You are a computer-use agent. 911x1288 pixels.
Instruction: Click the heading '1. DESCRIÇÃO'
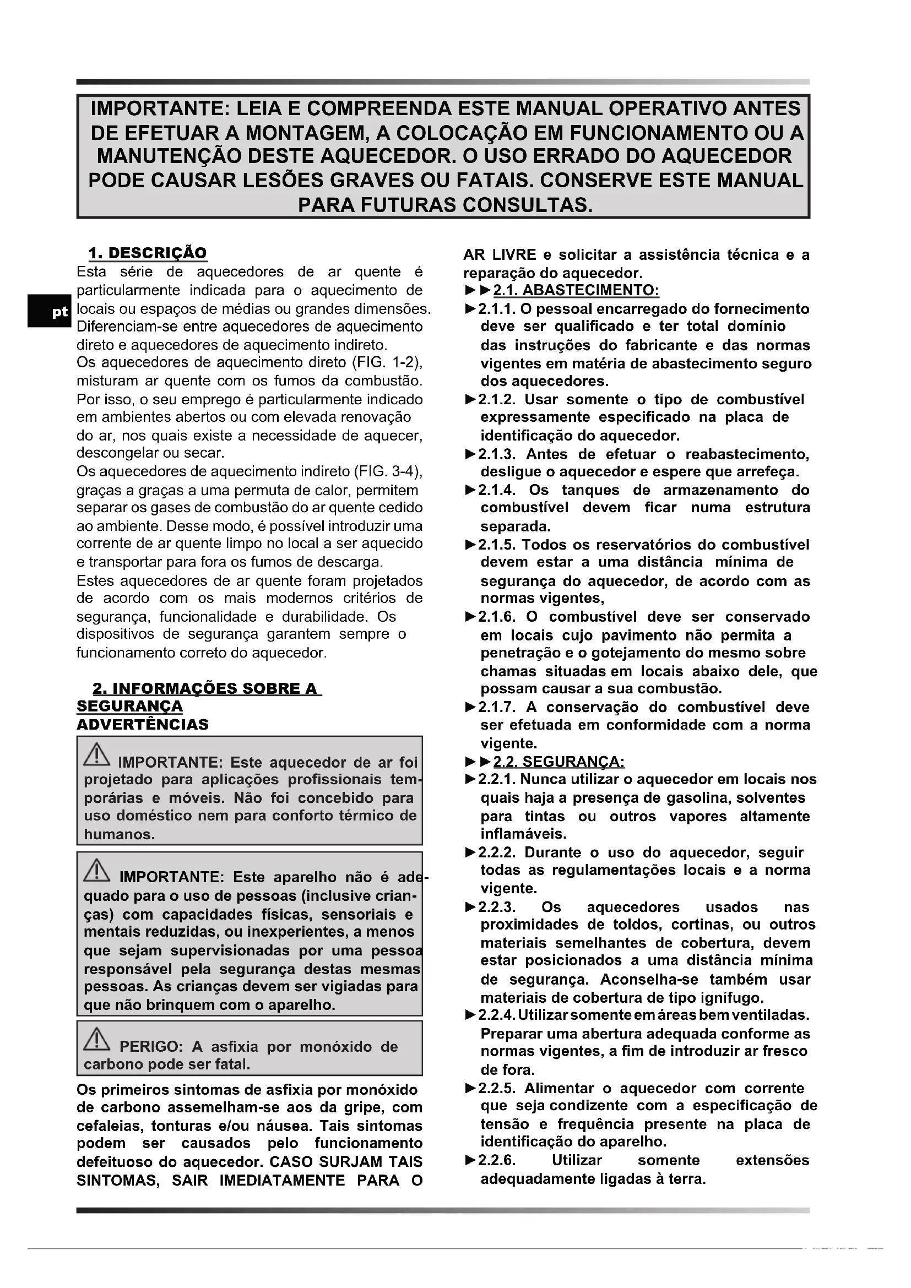pos(148,253)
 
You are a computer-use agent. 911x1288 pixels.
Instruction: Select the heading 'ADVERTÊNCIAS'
pos(143,724)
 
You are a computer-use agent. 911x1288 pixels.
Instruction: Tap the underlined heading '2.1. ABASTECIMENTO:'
pos(576,291)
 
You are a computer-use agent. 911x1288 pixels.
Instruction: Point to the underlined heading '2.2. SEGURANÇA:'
pos(558,762)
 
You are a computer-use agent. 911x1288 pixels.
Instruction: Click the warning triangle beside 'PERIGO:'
pos(97,1039)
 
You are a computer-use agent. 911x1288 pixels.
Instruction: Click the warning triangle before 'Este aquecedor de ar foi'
pos(97,754)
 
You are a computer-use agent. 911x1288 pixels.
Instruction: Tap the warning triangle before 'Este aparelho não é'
pos(97,869)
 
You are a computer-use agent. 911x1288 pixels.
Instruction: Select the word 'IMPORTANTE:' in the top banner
pos(160,108)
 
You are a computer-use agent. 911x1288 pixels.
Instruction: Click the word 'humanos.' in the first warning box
pos(120,834)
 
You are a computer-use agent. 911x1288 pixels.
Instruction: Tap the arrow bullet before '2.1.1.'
pos(470,309)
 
